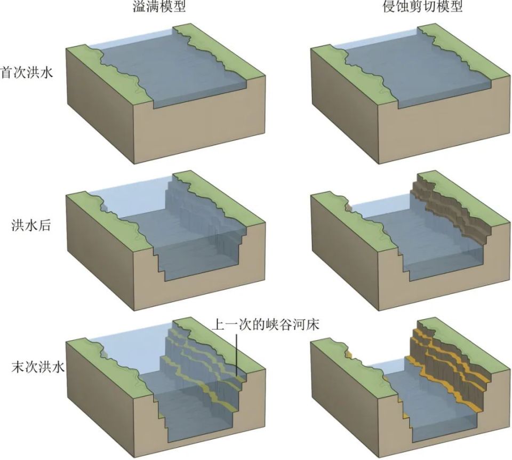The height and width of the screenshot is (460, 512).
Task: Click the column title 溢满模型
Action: (159, 6)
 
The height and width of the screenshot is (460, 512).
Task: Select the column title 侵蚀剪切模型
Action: (423, 6)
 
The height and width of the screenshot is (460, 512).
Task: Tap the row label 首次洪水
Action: (27, 73)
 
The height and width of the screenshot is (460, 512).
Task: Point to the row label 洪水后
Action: (31, 225)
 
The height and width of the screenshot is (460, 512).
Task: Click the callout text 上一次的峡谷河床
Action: (266, 325)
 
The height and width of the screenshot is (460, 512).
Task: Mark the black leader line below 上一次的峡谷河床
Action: (236, 354)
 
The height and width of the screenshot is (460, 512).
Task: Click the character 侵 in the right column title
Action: (389, 6)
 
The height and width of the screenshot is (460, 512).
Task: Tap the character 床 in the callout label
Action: (313, 325)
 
